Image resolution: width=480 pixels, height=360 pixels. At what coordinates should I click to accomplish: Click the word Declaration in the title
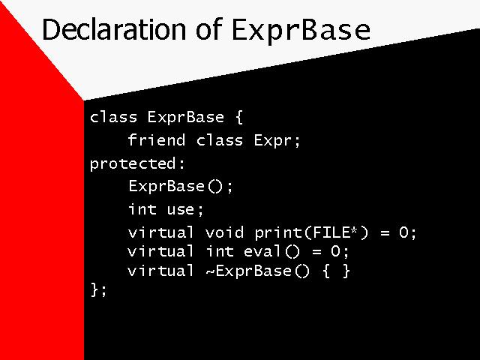[x=113, y=29]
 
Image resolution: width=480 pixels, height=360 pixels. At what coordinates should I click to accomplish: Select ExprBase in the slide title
[x=301, y=31]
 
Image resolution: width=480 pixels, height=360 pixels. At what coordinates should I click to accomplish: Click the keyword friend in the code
[x=157, y=140]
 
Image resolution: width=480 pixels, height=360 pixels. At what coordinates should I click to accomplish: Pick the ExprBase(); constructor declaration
[x=181, y=187]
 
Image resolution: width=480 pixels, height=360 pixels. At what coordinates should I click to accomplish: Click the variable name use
[x=181, y=210]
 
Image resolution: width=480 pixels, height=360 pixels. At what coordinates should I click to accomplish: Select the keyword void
[x=225, y=232]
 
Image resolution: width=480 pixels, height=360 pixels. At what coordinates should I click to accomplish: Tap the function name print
[x=278, y=233]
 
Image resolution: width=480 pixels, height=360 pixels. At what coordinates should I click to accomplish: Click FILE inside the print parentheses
[x=331, y=232]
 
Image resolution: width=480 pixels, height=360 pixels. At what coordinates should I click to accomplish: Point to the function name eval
[x=262, y=251]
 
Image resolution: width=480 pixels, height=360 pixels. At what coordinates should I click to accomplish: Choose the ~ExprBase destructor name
[x=248, y=271]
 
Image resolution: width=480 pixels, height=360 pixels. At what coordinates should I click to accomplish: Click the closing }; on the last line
[x=98, y=289]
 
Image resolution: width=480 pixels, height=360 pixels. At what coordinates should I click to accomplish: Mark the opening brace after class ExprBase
[x=239, y=118]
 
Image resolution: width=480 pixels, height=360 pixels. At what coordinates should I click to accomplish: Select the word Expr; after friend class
[x=277, y=141]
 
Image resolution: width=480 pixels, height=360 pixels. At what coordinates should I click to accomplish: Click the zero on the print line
[x=403, y=232]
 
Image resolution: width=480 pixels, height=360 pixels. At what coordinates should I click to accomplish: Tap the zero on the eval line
[x=335, y=251]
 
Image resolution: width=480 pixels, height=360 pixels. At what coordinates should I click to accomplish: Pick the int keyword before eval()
[x=220, y=251]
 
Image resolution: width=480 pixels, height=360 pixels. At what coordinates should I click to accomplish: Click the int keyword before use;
[x=142, y=209]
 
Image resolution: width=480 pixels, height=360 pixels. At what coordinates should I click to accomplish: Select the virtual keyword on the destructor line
[x=160, y=271]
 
